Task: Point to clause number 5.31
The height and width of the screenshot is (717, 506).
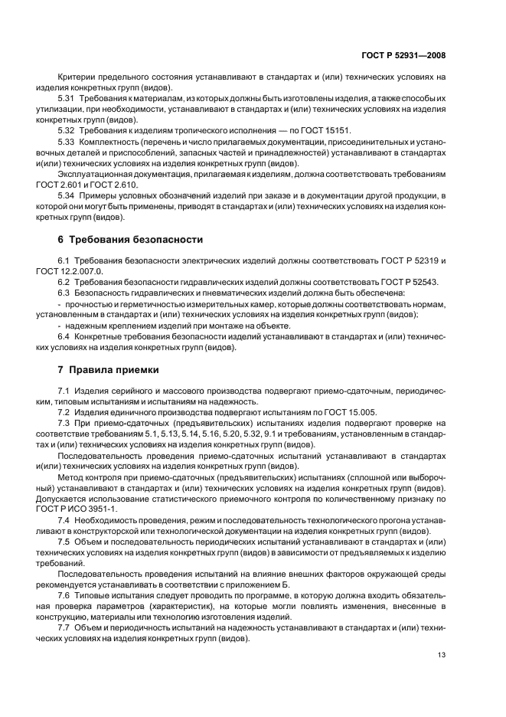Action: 67,100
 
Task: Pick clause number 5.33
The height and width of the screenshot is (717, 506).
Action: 67,142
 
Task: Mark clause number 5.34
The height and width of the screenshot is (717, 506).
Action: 67,196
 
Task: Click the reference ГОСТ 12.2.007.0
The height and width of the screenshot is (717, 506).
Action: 85,271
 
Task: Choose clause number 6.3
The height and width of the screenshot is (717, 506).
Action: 64,293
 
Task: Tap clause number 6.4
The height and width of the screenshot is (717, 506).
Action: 64,336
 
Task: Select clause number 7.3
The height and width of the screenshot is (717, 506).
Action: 64,424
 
